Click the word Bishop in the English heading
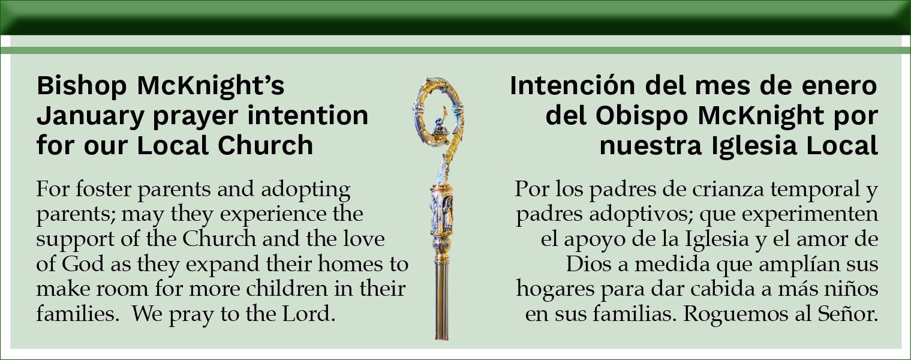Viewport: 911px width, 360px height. pyautogui.click(x=82, y=86)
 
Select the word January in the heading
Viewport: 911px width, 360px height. pyautogui.click(x=91, y=116)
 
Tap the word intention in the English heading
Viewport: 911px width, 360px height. pyautogui.click(x=308, y=115)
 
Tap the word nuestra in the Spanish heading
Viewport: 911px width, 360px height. pyautogui.click(x=651, y=146)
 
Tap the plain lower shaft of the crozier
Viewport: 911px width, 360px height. pyautogui.click(x=441, y=301)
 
